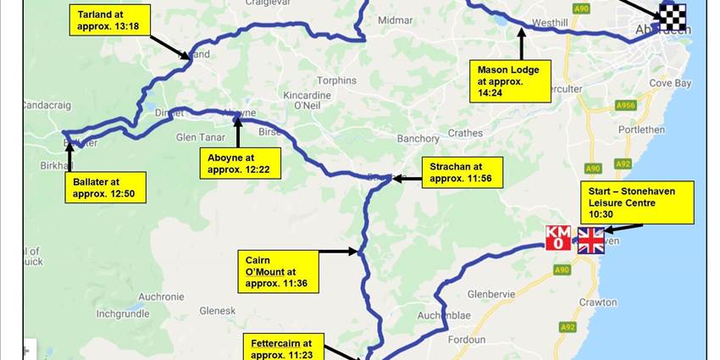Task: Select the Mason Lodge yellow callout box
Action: (x=513, y=81)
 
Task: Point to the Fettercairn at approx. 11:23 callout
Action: (x=282, y=348)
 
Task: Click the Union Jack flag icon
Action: (x=591, y=241)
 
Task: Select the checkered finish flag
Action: (x=673, y=16)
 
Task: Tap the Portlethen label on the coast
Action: (x=667, y=130)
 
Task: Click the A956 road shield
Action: (x=626, y=105)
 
